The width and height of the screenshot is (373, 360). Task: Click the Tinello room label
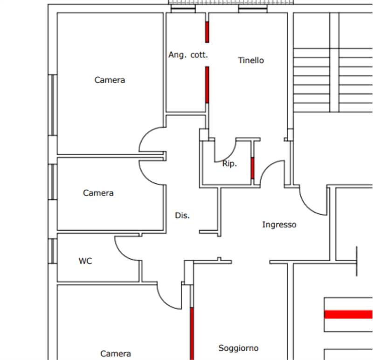[x=251, y=60]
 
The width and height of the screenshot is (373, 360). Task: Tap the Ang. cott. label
[x=188, y=55]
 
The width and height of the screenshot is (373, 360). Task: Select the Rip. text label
[x=229, y=164]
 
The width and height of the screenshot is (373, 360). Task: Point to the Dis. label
[x=182, y=215]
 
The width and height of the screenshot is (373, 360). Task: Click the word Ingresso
[x=279, y=225]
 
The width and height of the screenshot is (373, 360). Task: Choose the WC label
[x=85, y=261]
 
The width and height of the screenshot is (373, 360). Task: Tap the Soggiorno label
[x=238, y=348]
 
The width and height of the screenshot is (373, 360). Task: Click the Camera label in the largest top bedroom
[x=110, y=80]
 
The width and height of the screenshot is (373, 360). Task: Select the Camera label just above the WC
[x=98, y=193]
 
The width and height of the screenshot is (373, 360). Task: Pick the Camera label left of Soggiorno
[x=116, y=353]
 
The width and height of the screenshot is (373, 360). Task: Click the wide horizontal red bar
[x=348, y=314]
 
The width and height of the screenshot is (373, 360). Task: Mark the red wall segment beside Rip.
[x=252, y=168]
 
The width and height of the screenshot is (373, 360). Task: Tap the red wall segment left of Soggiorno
[x=192, y=333]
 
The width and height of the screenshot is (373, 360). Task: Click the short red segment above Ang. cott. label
[x=207, y=32]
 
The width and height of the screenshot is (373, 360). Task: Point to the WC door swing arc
[x=127, y=249]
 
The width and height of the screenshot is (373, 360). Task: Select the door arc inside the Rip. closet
[x=225, y=151]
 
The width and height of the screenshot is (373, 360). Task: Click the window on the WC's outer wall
[x=53, y=251]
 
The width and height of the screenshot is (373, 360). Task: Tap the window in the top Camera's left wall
[x=53, y=105]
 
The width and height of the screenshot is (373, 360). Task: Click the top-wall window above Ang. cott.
[x=183, y=8]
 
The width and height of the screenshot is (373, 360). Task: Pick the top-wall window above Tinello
[x=253, y=8]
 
